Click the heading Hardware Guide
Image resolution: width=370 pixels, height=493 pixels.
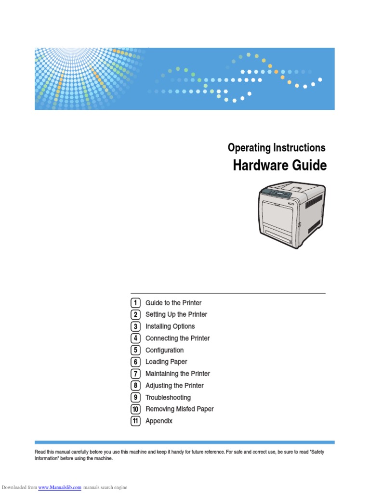[x=279, y=166]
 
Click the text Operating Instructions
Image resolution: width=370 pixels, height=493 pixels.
[x=277, y=148]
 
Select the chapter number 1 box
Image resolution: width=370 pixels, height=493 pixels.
[x=135, y=303]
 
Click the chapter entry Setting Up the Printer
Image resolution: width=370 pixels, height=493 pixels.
[x=176, y=314]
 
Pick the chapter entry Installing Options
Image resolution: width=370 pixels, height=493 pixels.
[x=170, y=326]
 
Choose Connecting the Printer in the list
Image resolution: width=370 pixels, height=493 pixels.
[x=177, y=338]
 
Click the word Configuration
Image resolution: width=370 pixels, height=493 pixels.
[x=164, y=350]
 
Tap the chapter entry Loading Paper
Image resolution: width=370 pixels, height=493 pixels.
[x=166, y=362]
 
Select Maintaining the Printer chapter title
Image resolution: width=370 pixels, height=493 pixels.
[x=178, y=374]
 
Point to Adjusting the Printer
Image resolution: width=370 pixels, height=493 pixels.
[x=174, y=386]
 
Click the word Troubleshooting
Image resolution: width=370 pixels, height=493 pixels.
[x=168, y=397]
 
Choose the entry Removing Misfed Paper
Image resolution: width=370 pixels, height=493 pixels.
[x=179, y=409]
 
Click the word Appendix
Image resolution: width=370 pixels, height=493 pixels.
[x=159, y=421]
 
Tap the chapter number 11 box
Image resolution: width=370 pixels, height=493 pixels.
[x=135, y=421]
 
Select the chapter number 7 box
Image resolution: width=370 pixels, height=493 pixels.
[x=135, y=374]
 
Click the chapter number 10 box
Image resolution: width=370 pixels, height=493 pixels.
[x=135, y=409]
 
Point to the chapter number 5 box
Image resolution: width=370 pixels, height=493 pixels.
[x=135, y=350]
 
